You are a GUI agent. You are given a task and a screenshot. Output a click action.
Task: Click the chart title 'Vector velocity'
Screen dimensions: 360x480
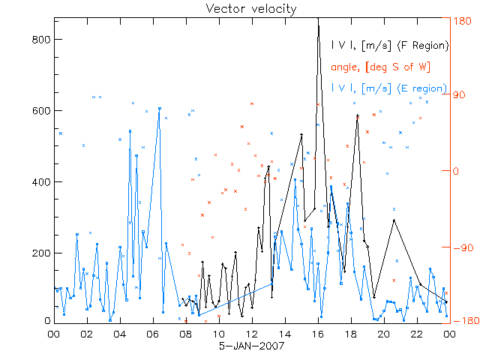coord(240,8)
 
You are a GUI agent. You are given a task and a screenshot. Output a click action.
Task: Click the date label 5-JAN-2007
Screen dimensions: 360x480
coord(240,346)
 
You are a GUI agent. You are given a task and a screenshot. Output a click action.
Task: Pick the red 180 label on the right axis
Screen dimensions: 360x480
coord(464,21)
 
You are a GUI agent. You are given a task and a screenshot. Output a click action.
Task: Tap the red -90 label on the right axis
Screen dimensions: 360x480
coord(464,246)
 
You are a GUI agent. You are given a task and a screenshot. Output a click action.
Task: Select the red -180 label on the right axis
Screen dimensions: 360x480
coord(464,321)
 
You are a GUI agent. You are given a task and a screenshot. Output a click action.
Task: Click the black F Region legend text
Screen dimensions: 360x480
coord(390,45)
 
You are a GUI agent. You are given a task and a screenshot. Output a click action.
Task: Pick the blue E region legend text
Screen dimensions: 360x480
coord(390,88)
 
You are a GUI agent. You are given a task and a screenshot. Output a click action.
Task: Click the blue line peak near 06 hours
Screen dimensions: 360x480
coord(159,108)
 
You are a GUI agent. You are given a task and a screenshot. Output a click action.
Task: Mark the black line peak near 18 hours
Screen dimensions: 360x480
coord(358,115)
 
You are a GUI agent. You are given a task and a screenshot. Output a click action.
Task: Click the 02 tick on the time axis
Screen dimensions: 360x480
coord(87,334)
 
